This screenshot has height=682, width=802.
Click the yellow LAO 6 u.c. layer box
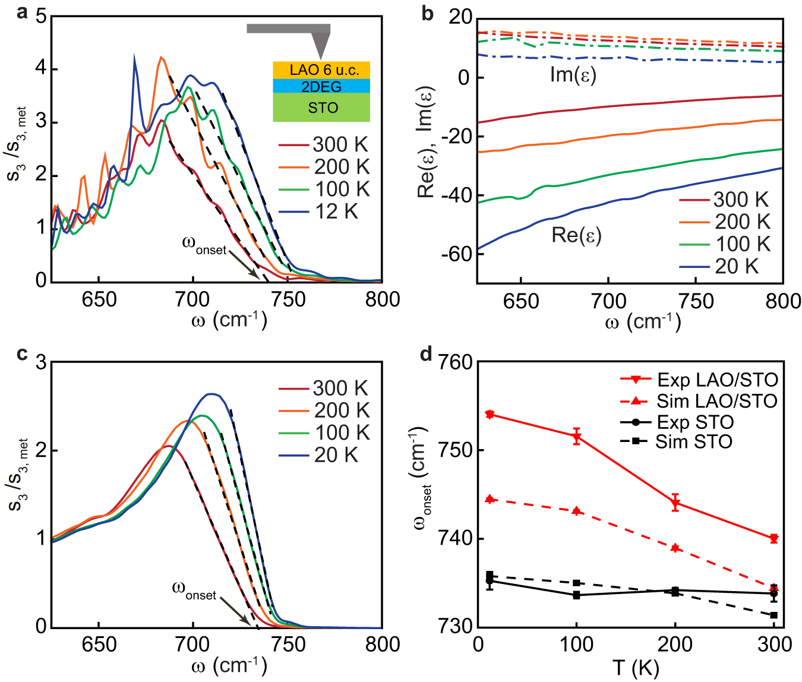pos(321,70)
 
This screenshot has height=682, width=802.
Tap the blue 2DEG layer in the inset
pos(321,86)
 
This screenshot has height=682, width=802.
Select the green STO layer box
pos(321,108)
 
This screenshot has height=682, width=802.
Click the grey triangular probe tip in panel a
pos(321,45)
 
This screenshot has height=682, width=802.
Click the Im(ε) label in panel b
pos(573,75)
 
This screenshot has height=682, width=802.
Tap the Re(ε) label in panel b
pos(576,235)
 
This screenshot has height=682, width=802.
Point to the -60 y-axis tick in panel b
pos(454,254)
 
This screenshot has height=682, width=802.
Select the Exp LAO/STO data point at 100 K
pos(576,437)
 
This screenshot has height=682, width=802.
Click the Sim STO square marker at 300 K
pos(773,615)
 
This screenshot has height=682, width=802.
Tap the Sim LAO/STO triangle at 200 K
pos(675,548)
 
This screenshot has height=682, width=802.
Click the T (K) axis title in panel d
pos(635,668)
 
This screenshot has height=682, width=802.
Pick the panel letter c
pos(22,354)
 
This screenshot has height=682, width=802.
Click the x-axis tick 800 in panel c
pos(382,645)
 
